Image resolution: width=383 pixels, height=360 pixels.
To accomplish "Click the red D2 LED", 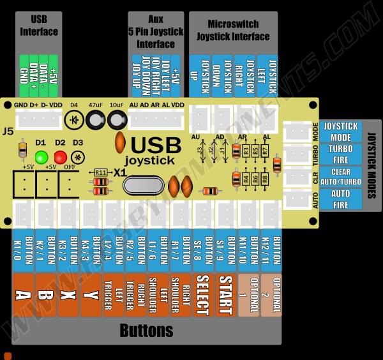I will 61,157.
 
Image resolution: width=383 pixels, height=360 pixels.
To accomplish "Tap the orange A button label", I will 23,296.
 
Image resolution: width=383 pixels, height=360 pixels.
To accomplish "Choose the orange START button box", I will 225,296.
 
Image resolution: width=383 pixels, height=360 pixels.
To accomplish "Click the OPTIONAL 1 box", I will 248,296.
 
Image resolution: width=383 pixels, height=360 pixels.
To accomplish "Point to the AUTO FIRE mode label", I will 340,199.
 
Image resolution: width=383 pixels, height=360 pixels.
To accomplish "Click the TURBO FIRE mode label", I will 340,154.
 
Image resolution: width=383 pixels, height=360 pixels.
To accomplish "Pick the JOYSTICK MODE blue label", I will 340,131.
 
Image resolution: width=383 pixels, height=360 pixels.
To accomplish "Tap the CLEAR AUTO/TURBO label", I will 340,176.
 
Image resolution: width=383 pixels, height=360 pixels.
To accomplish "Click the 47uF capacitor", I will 96,119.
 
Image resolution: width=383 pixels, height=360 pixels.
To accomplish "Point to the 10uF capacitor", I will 117,119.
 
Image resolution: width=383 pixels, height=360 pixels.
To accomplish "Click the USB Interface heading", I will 39,26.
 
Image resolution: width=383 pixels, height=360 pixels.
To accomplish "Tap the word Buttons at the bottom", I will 147,331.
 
